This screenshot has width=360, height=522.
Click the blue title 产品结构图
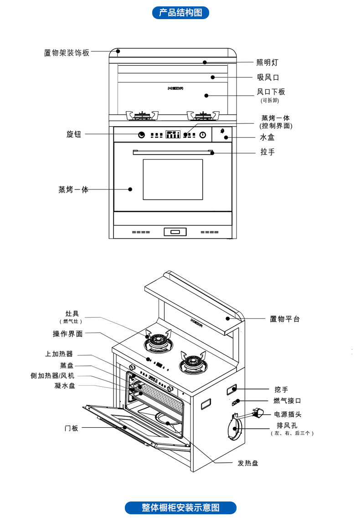tap(180, 13)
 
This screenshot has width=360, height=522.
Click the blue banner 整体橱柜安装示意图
tap(180, 507)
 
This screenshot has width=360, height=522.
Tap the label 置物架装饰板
tap(67, 53)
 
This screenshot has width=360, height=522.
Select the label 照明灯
tap(267, 63)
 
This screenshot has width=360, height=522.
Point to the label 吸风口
tap(268, 77)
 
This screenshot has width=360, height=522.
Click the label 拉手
tap(267, 152)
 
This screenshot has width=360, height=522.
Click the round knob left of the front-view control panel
tap(142, 135)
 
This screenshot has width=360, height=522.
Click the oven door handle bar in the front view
tap(173, 152)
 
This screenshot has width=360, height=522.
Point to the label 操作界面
tap(68, 334)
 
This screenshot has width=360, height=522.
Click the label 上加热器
tap(59, 354)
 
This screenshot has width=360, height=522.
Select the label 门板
tap(71, 428)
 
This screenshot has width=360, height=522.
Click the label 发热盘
tap(248, 463)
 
